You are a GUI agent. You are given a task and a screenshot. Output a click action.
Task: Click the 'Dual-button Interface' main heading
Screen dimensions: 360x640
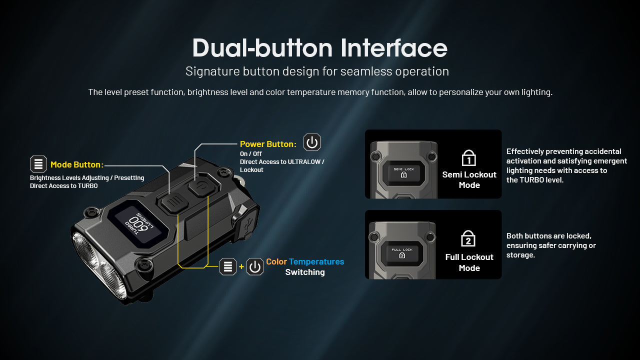319,48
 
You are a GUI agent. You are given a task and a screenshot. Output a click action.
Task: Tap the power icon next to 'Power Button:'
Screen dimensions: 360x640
312,142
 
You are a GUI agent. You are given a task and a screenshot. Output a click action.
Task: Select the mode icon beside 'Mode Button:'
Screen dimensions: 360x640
38,164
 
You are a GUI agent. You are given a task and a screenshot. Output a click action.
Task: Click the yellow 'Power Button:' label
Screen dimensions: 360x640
268,144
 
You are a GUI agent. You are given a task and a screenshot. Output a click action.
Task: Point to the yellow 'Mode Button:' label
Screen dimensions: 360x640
77,164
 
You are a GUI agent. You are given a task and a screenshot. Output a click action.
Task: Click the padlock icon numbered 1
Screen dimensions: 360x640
468,158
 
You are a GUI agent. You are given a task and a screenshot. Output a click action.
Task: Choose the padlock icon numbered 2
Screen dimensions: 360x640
468,239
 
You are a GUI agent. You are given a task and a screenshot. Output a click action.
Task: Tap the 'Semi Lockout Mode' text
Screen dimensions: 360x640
469,180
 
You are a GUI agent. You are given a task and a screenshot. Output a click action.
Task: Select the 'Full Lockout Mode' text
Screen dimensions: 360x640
469,262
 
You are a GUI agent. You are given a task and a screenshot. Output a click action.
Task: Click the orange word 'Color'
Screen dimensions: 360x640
276,261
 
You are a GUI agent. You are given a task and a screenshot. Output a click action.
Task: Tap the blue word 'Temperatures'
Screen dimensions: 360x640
316,261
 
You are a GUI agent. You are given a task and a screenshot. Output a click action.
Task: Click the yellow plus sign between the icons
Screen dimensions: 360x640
241,266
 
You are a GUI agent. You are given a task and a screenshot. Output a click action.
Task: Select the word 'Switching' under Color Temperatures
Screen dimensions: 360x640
305,272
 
